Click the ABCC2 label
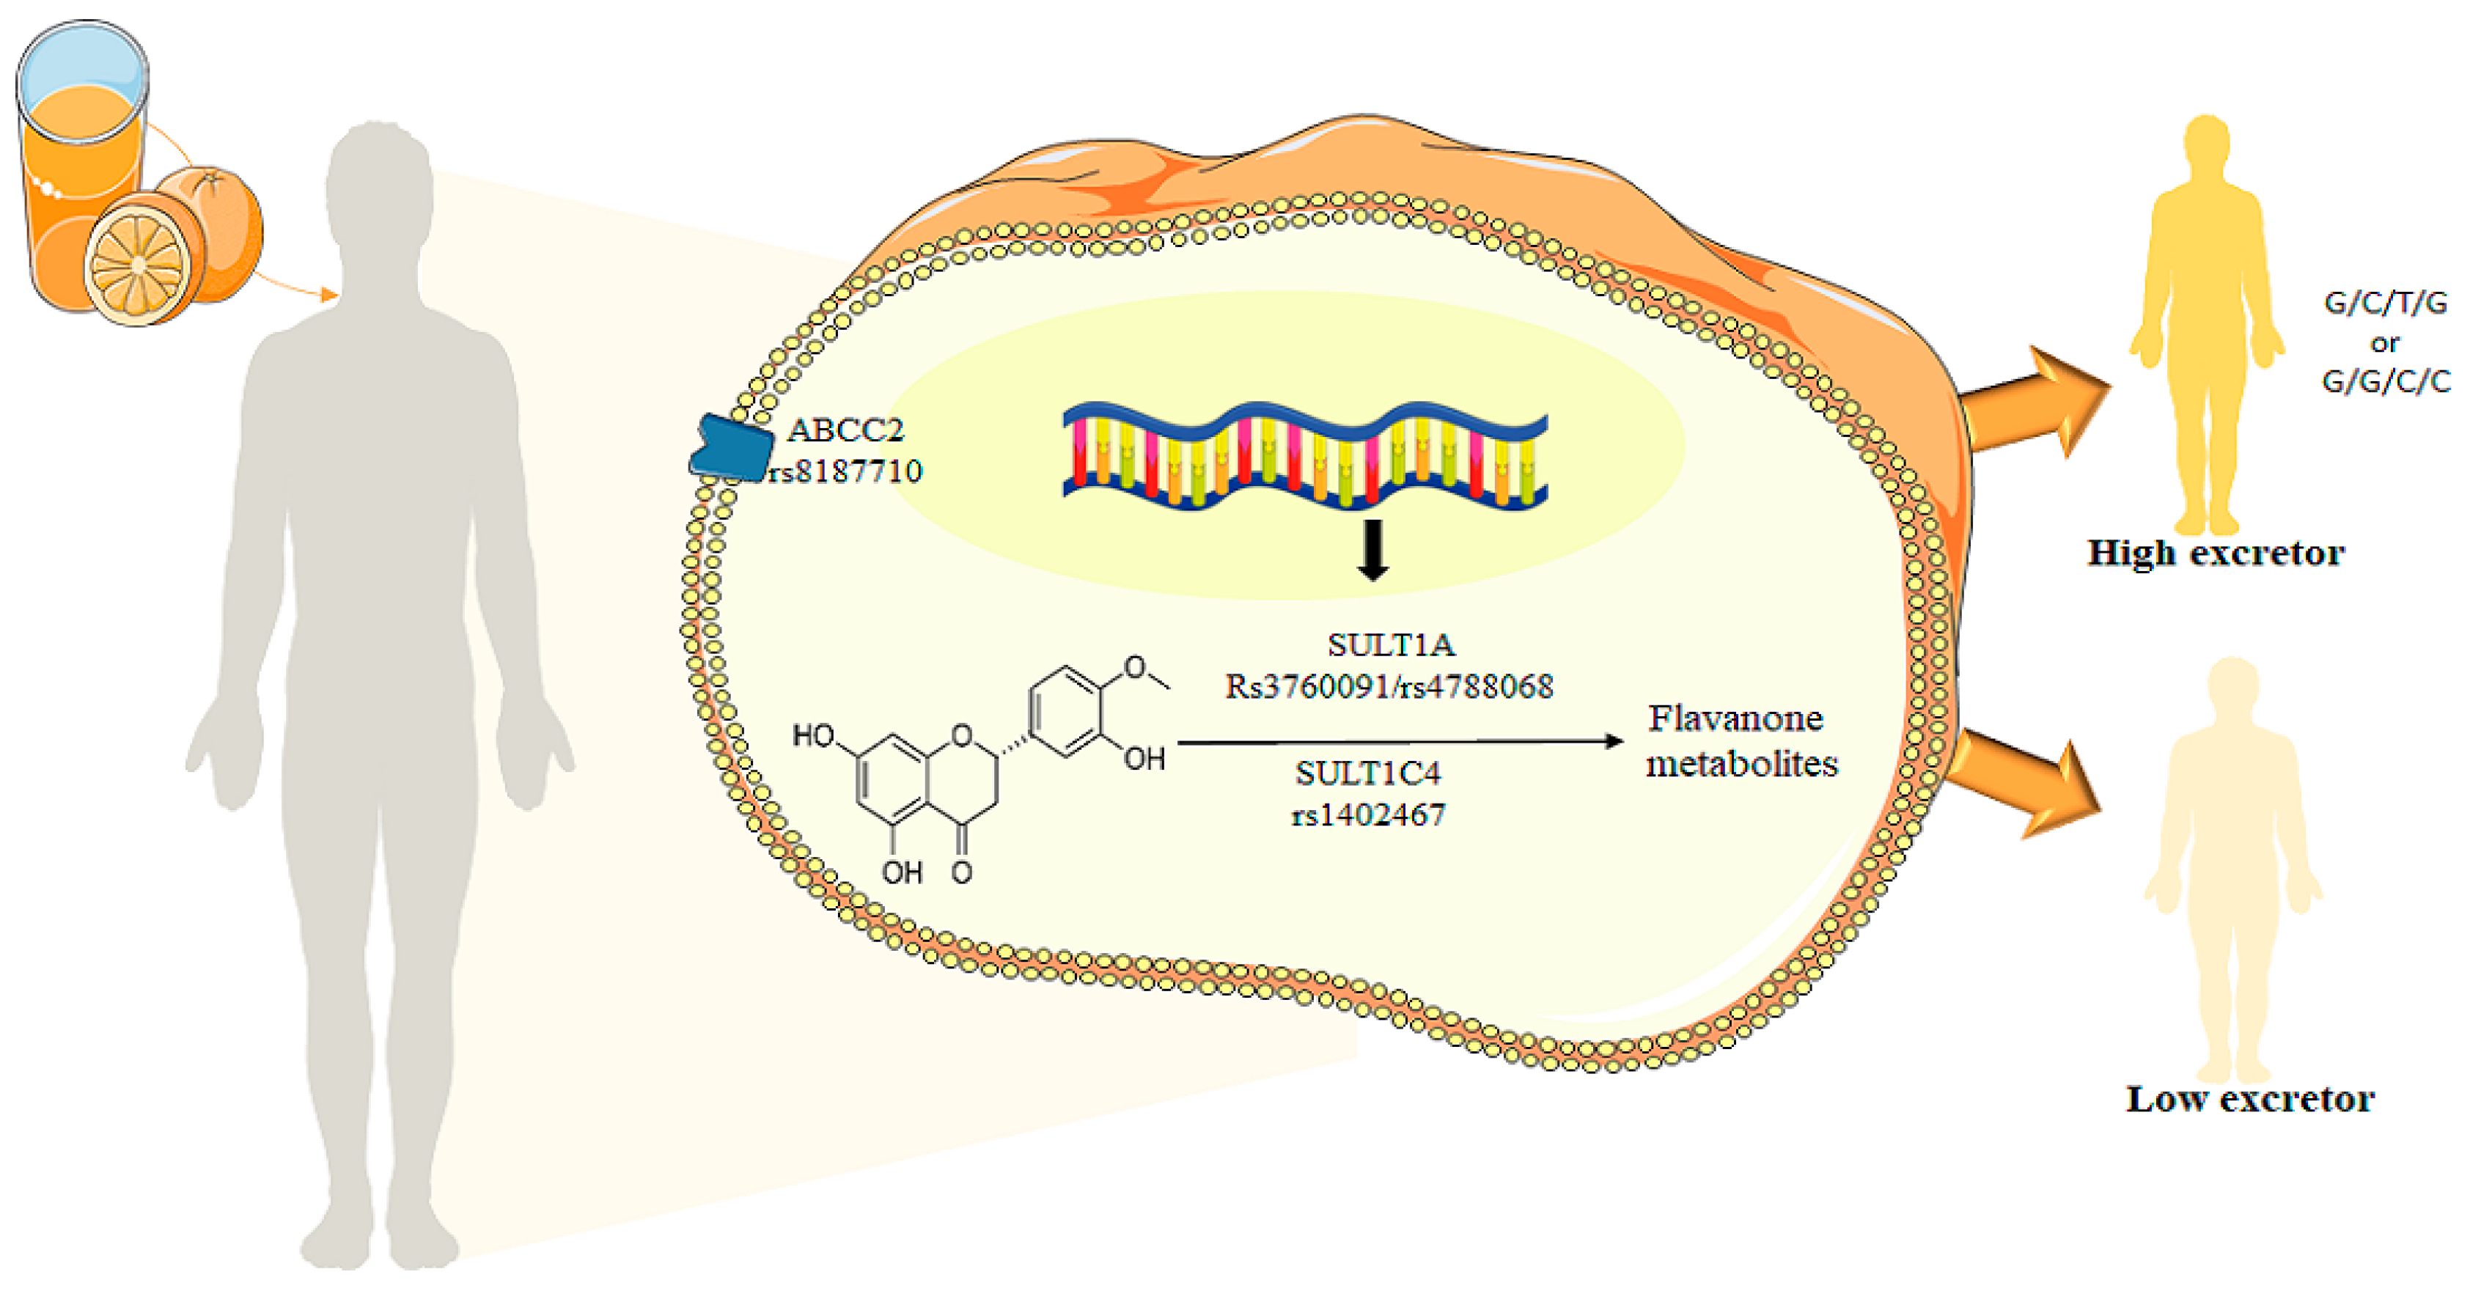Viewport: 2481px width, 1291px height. click(x=845, y=430)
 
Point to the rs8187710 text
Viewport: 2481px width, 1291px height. click(x=845, y=471)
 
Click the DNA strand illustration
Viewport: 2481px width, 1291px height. click(x=1305, y=455)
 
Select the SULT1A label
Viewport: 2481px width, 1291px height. click(x=1391, y=644)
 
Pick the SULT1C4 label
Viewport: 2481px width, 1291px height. click(x=1367, y=773)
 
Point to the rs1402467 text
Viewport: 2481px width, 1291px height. click(x=1367, y=815)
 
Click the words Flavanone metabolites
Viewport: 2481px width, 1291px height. click(x=1741, y=740)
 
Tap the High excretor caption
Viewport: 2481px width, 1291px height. click(x=2215, y=553)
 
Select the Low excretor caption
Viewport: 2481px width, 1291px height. click(x=2250, y=1098)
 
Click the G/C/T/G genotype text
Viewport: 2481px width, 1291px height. click(x=2385, y=304)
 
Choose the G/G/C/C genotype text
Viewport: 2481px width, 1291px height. click(x=2386, y=382)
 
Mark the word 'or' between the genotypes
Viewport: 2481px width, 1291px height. click(x=2385, y=342)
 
